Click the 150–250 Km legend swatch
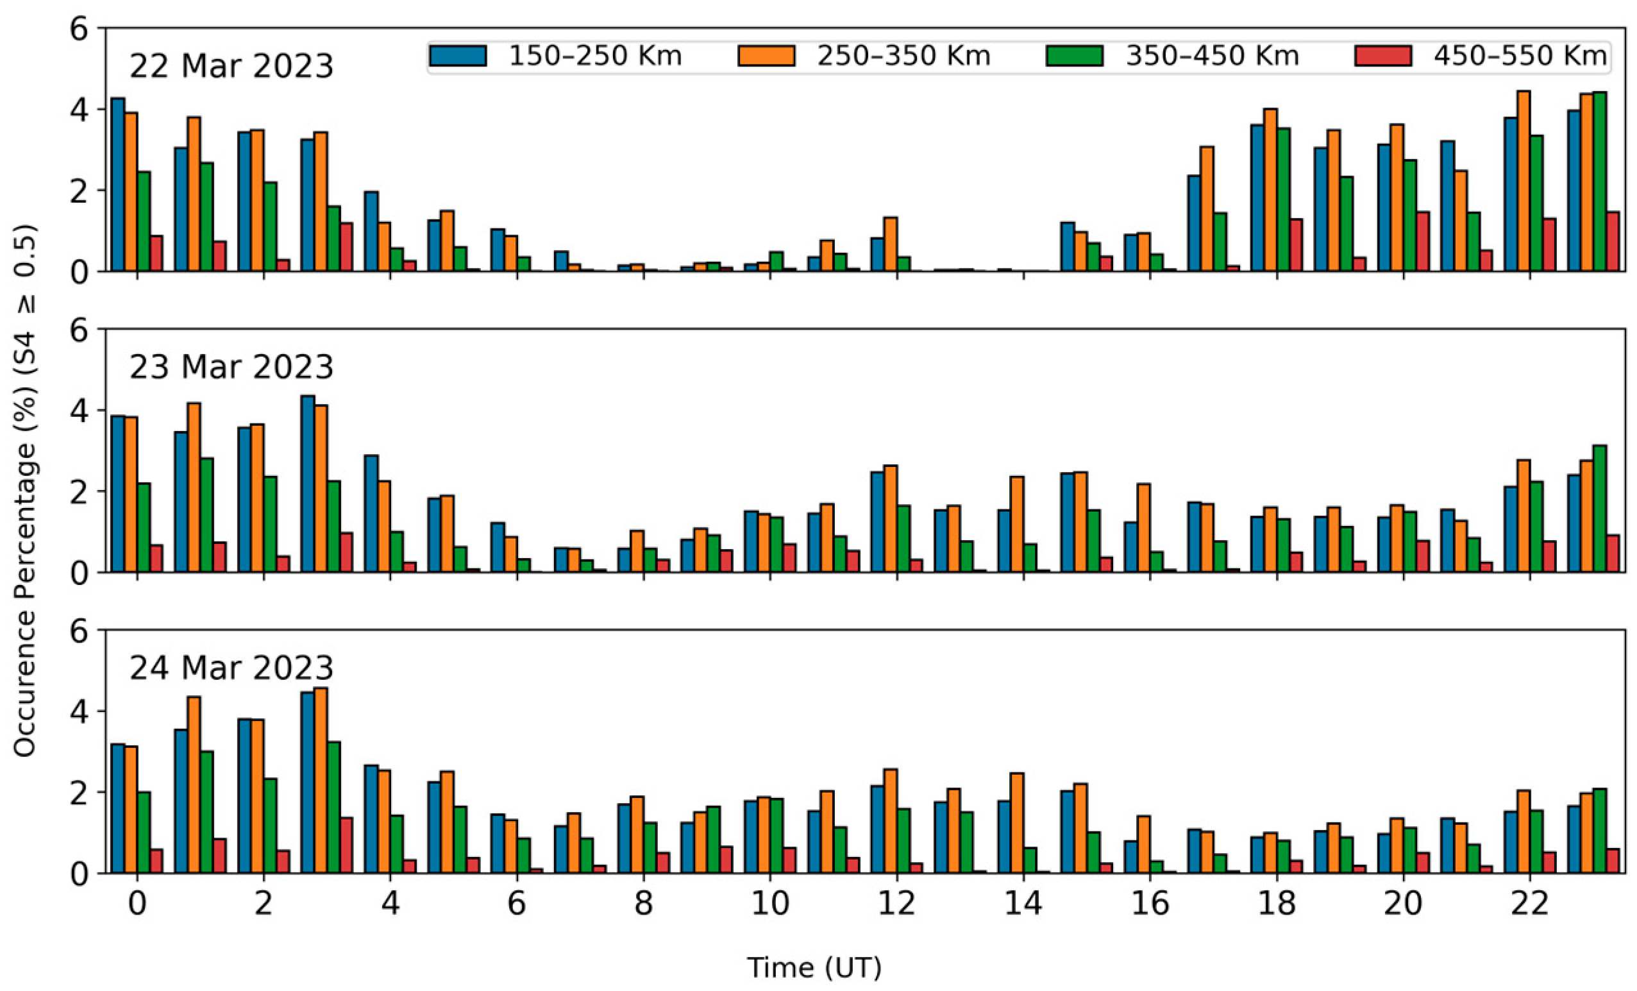(458, 56)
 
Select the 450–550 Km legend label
(1520, 56)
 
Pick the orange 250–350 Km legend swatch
(766, 56)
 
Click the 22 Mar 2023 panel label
(231, 67)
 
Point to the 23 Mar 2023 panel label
(231, 368)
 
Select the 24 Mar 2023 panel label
(231, 668)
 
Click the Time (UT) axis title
(814, 968)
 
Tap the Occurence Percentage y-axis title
(25, 492)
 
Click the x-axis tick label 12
(897, 903)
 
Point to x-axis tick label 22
(1530, 903)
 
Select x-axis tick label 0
(137, 903)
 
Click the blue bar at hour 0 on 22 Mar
(117, 185)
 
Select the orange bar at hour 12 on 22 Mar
(890, 244)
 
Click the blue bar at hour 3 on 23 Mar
(308, 484)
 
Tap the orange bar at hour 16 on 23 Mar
(1143, 528)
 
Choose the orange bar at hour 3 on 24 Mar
(320, 781)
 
